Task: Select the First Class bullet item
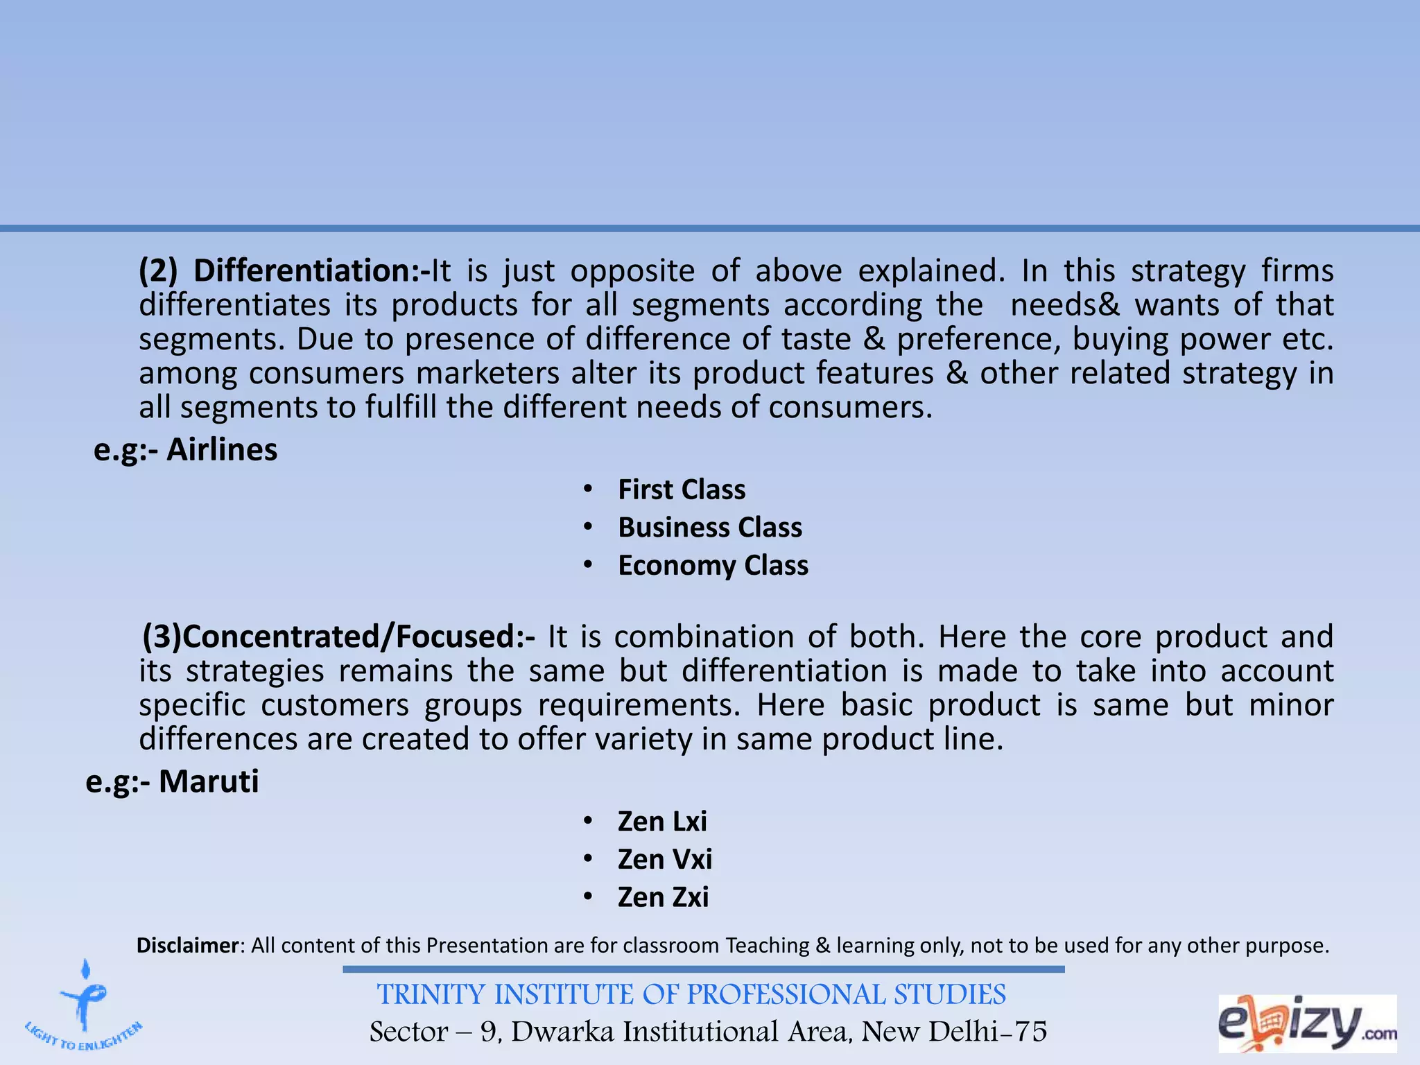682,490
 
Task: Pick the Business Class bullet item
710,528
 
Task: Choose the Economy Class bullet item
713,566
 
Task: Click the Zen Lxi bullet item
662,822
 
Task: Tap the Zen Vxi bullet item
665,860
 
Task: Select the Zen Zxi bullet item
663,897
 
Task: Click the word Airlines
222,450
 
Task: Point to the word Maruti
209,781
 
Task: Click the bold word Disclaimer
187,946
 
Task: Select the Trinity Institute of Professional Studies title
691,995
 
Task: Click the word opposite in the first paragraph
632,271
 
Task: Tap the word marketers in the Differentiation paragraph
487,374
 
